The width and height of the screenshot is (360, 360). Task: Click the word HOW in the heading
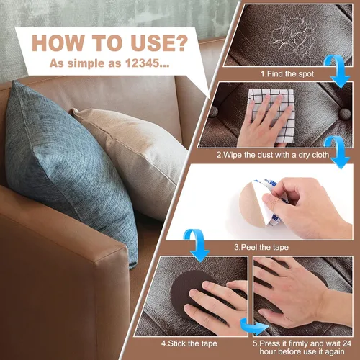point(58,43)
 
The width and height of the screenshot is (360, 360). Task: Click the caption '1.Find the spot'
point(287,73)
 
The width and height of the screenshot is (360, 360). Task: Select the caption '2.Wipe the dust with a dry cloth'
point(273,155)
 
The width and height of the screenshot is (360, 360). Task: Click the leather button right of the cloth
point(345,114)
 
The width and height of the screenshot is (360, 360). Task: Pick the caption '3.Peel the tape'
point(261,247)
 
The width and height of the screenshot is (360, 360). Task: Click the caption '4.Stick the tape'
point(189,343)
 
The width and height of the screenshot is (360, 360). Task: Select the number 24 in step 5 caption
point(347,343)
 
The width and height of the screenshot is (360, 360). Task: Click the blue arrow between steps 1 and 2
point(339,70)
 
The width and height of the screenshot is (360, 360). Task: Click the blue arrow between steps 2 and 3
point(339,151)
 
